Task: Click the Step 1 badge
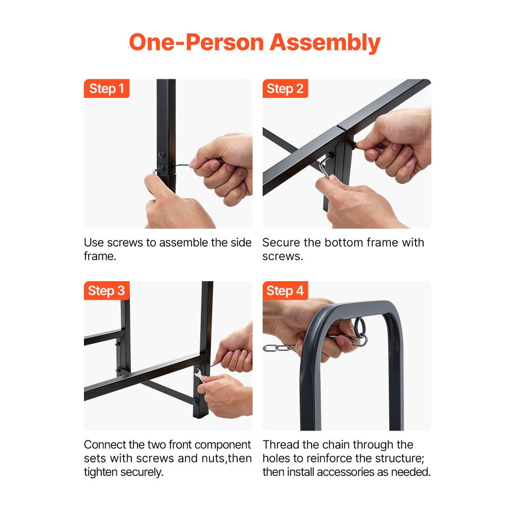coord(107,89)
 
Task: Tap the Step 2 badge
coord(285,89)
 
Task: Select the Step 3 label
coord(107,290)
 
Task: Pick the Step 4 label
coord(285,290)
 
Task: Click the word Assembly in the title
coord(325,43)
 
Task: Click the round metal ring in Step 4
coord(359,327)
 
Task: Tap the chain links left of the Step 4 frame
coord(279,348)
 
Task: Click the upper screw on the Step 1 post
coord(162,154)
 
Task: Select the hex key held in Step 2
coord(325,165)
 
